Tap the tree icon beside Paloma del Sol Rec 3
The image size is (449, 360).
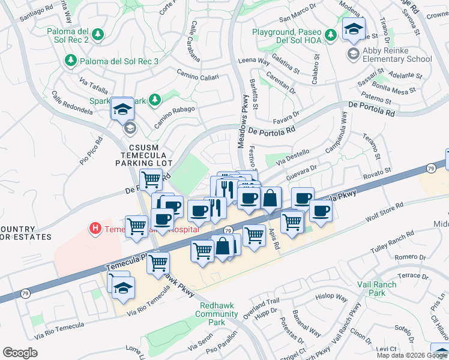(x=71, y=61)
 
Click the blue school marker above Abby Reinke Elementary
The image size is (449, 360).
(x=354, y=29)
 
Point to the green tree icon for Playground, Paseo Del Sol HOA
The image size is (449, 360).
(x=330, y=35)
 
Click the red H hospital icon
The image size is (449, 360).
(x=94, y=229)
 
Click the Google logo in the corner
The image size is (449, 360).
(x=20, y=352)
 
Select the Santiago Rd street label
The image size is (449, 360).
(x=36, y=16)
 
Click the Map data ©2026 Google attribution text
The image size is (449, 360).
(x=412, y=355)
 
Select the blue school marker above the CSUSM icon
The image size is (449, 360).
(x=122, y=109)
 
